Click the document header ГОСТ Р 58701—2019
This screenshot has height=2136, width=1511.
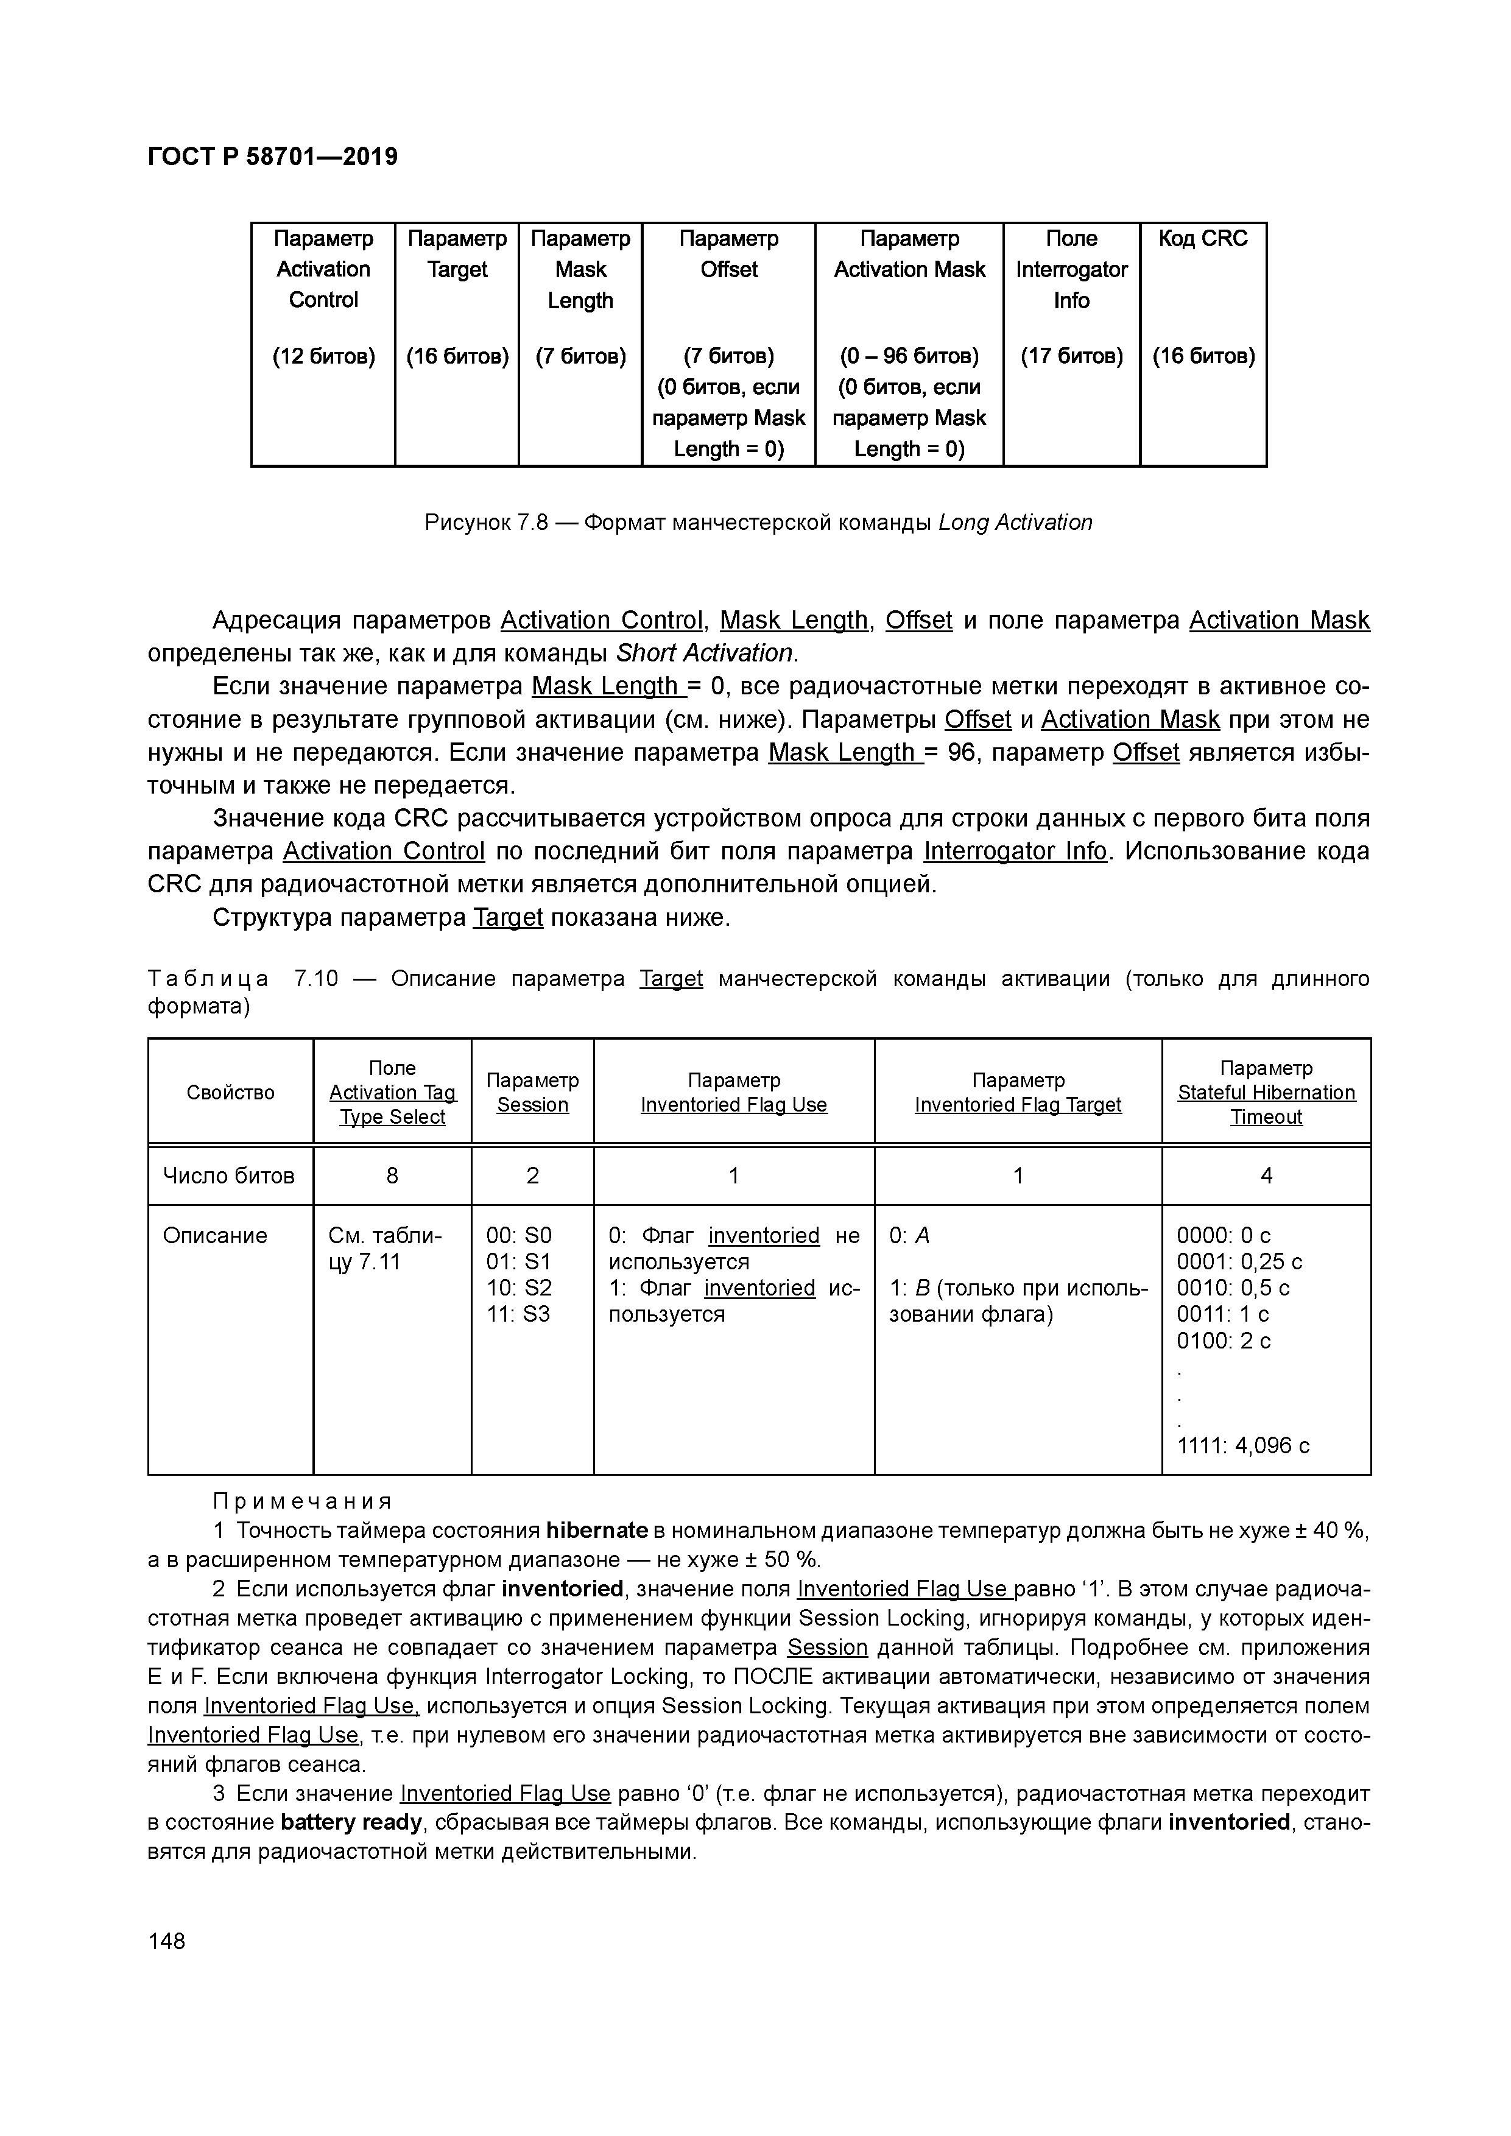pyautogui.click(x=273, y=157)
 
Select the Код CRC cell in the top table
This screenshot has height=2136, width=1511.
pyautogui.click(x=1202, y=239)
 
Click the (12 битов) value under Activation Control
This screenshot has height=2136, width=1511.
pyautogui.click(x=323, y=356)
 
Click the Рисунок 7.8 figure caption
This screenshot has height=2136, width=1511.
pyautogui.click(x=758, y=523)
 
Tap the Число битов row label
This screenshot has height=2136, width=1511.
pyautogui.click(x=229, y=1176)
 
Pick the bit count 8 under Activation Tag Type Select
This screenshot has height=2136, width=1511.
pyautogui.click(x=392, y=1176)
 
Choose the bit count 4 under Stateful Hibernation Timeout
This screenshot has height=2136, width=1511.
pyautogui.click(x=1266, y=1176)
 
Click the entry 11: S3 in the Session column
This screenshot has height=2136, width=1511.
pyautogui.click(x=518, y=1314)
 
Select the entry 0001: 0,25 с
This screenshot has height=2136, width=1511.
pyautogui.click(x=1238, y=1261)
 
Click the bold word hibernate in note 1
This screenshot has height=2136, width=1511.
pyautogui.click(x=596, y=1531)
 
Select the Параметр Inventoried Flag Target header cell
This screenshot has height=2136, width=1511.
pyautogui.click(x=1017, y=1092)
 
